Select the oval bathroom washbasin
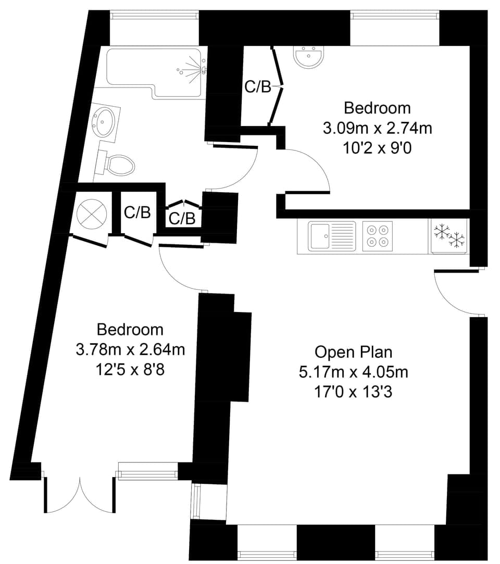coord(103,122)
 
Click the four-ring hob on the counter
coord(377,235)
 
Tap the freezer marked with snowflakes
coord(448,236)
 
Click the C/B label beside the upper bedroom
coord(258,87)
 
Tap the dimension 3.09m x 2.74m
coord(377,128)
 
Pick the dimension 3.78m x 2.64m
coord(130,349)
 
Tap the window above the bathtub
coord(154,16)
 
